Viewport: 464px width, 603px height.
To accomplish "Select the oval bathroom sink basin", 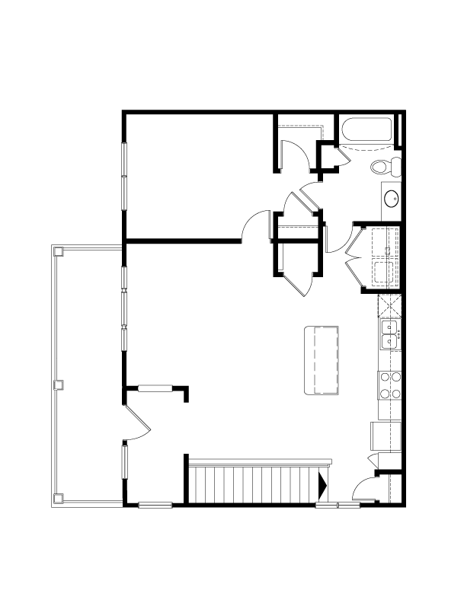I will [x=391, y=199].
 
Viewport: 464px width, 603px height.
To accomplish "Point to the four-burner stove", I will [x=390, y=385].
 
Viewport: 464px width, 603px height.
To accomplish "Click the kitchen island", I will [x=321, y=359].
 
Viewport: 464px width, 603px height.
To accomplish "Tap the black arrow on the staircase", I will [x=322, y=484].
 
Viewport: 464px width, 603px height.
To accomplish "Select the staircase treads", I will [x=251, y=484].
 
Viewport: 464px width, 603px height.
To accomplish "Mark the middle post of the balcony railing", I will [x=56, y=385].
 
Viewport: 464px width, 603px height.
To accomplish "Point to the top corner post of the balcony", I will [x=56, y=250].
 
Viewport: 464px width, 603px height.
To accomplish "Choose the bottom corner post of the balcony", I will [x=57, y=499].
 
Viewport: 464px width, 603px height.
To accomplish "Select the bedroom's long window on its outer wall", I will [x=124, y=177].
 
